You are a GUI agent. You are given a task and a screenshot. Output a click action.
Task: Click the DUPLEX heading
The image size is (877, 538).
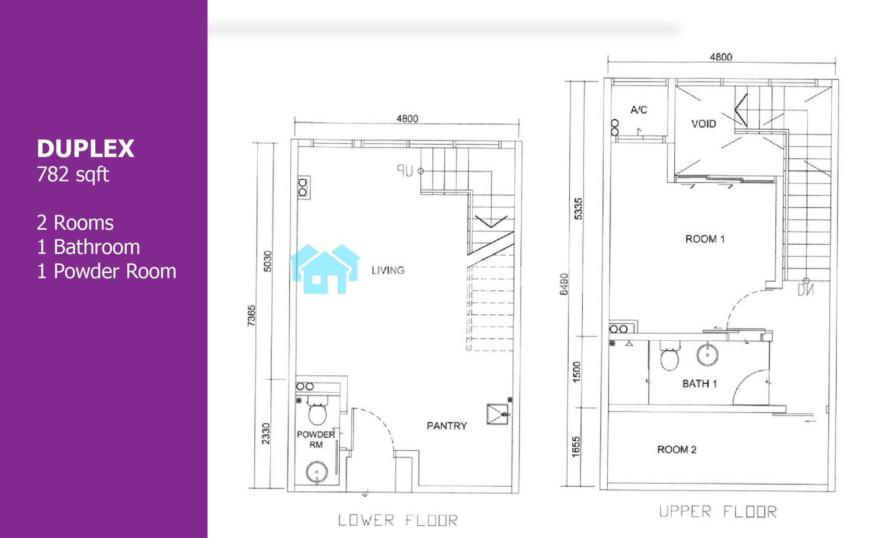(86, 149)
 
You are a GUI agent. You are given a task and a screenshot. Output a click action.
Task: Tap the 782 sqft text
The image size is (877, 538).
(73, 175)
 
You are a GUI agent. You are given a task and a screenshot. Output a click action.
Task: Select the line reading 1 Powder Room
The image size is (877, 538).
(107, 271)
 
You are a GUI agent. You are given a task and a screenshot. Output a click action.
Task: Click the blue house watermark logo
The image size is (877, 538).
(325, 269)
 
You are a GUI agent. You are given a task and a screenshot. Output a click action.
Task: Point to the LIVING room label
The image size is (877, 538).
(388, 270)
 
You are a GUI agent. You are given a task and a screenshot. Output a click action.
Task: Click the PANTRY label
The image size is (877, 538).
(447, 426)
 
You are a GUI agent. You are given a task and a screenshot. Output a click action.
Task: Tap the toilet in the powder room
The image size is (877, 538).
(317, 410)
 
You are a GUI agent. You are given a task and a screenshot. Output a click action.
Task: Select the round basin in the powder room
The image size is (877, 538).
(317, 472)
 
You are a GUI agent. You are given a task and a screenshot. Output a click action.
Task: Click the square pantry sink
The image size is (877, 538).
(498, 414)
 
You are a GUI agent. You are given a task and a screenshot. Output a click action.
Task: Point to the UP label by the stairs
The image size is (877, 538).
(405, 171)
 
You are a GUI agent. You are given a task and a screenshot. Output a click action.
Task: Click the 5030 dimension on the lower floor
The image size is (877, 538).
(267, 261)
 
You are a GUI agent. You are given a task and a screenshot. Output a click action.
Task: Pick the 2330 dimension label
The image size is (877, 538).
(266, 433)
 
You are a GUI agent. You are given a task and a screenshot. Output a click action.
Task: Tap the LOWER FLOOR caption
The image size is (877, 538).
(398, 520)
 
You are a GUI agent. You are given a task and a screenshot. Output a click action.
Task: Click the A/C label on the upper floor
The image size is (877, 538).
(639, 110)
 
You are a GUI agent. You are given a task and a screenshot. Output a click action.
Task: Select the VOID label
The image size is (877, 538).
(704, 124)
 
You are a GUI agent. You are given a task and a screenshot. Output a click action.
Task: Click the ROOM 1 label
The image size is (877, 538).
(705, 239)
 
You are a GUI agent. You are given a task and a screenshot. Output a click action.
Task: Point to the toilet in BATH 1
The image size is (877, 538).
(670, 356)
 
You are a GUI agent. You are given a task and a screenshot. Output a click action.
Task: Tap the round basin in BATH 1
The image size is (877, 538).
(707, 354)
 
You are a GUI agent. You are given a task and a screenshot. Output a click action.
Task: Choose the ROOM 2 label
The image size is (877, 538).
(677, 449)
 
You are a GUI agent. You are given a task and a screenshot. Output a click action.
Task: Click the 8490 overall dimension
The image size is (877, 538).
(564, 284)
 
